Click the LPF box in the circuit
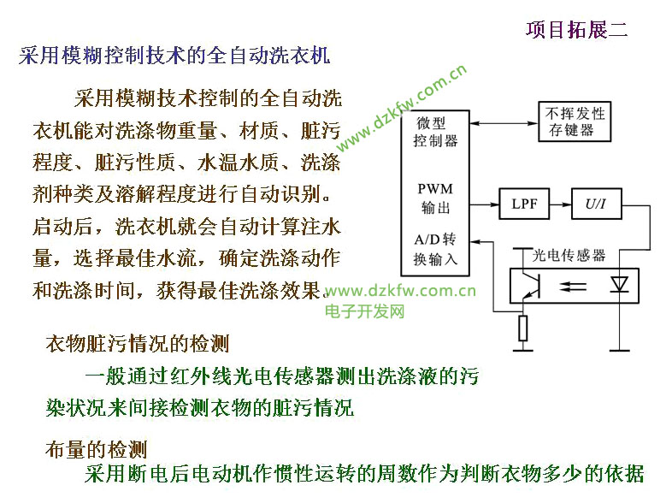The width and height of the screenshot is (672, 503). [x=524, y=205]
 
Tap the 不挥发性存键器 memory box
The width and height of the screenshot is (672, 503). [x=577, y=122]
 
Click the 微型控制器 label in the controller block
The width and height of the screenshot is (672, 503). [x=435, y=132]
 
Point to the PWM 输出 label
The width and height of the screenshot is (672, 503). [x=435, y=198]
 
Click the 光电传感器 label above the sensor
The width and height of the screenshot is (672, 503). [x=569, y=255]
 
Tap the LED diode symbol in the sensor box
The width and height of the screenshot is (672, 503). [x=619, y=286]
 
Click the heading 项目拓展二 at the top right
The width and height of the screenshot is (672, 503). [x=576, y=30]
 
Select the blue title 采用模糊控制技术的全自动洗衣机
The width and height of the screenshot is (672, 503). [x=174, y=56]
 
